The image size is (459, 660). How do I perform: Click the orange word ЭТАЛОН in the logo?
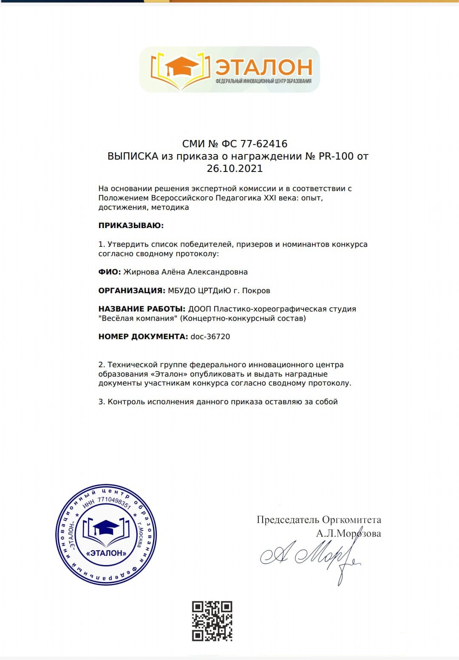(263, 66)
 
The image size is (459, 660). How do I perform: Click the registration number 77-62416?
(264, 144)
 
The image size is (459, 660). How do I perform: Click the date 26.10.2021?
(235, 169)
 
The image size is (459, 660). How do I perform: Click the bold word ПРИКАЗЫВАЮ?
(131, 226)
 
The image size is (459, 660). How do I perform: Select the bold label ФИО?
(109, 272)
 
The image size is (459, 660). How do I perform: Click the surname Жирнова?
(141, 272)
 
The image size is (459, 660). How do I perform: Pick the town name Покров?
(256, 291)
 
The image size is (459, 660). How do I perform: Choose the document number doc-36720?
(210, 337)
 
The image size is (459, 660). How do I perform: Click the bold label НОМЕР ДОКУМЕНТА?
(143, 337)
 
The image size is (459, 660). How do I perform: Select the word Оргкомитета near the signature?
(351, 520)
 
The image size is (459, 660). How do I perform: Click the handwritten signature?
(310, 555)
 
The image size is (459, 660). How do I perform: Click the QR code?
(212, 621)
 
